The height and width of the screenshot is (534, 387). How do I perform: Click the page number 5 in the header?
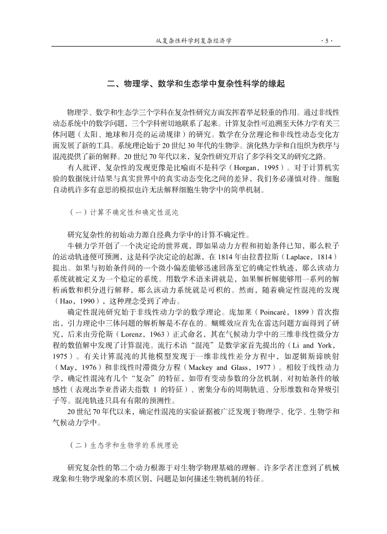tap(325, 40)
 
